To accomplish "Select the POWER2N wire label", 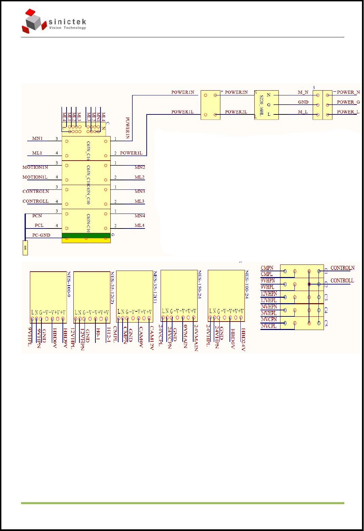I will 236,92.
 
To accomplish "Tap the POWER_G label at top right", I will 348,102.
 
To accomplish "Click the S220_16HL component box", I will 267,105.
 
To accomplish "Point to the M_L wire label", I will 303,112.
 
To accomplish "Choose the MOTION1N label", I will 35,167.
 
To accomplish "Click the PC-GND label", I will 41,235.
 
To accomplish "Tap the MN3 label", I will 140,191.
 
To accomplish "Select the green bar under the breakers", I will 86,236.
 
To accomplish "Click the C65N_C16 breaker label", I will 88,150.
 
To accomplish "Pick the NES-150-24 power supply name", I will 200,285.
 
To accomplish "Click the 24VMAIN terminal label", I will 196,338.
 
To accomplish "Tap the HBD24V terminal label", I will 243,340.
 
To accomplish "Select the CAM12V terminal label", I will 152,338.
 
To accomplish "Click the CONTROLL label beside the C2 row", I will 342,280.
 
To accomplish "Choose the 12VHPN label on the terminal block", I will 269,294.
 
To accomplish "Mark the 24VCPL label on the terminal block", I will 269,326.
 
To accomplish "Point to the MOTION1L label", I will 35,177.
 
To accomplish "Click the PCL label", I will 39,225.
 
